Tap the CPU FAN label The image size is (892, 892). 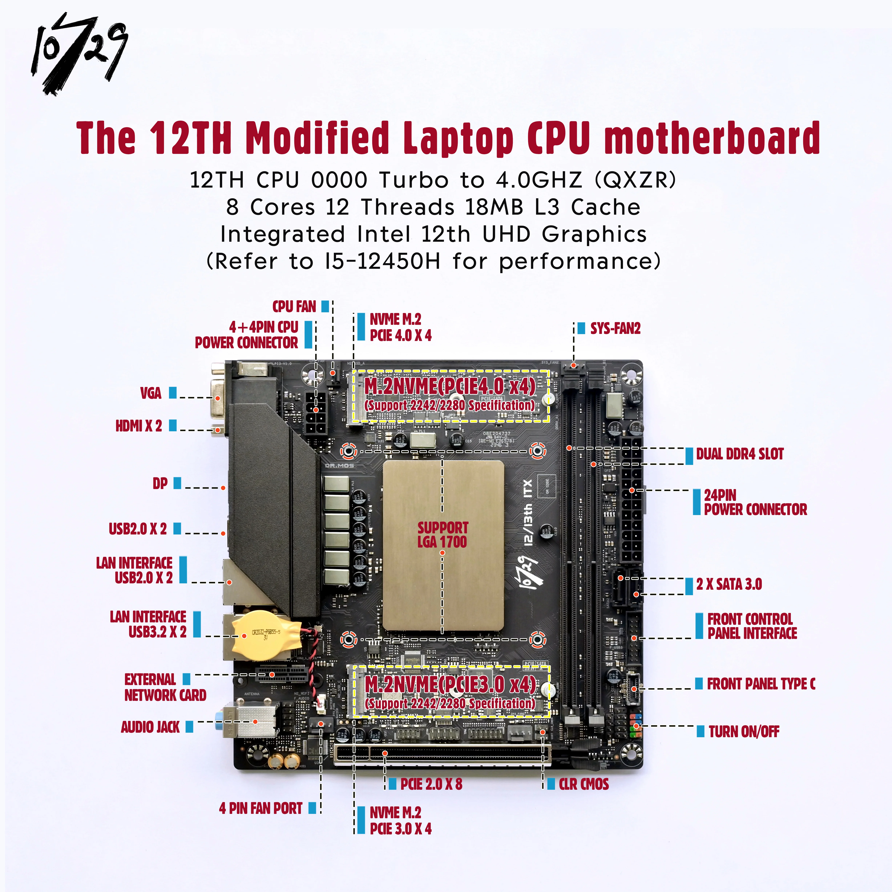click(294, 306)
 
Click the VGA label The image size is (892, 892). click(150, 393)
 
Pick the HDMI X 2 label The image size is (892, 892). click(138, 426)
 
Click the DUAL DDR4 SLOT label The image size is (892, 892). click(740, 454)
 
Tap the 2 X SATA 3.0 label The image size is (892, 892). click(729, 584)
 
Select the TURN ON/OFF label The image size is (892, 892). click(744, 731)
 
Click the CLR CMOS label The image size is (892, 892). click(584, 784)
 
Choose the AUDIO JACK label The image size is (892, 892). click(150, 727)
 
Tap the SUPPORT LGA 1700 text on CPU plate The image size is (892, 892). click(442, 535)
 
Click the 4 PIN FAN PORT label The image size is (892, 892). click(261, 808)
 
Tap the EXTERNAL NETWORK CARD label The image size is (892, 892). click(165, 687)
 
